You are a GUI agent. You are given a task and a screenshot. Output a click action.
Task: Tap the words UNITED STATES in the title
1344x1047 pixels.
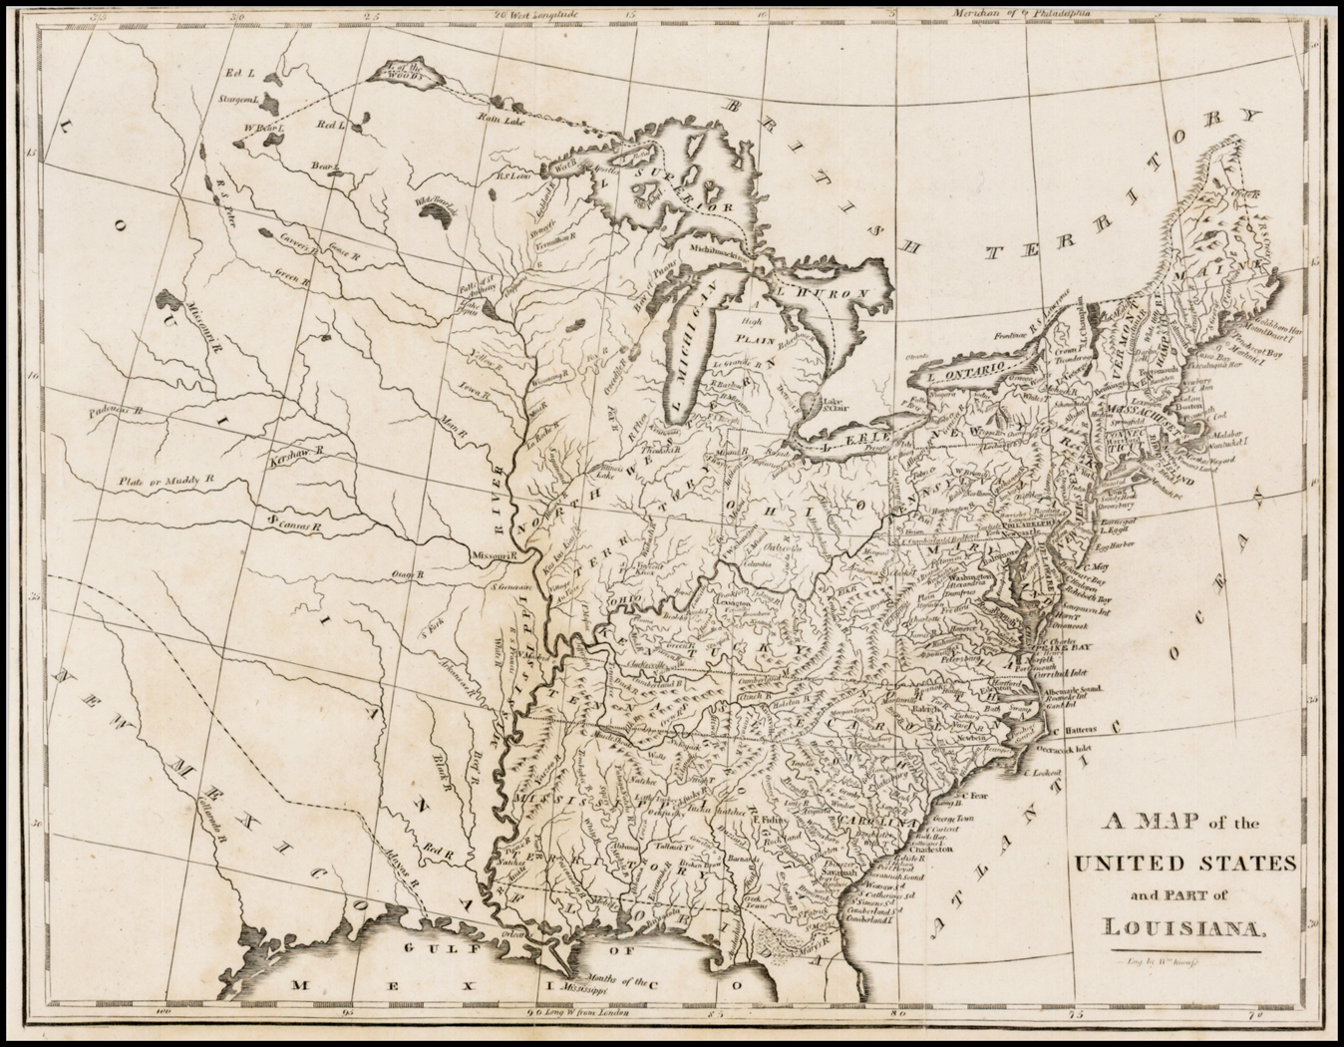[1183, 861]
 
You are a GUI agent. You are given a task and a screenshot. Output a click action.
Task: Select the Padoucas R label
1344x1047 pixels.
[115, 409]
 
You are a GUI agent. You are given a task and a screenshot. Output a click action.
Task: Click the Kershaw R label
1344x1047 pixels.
[297, 452]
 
